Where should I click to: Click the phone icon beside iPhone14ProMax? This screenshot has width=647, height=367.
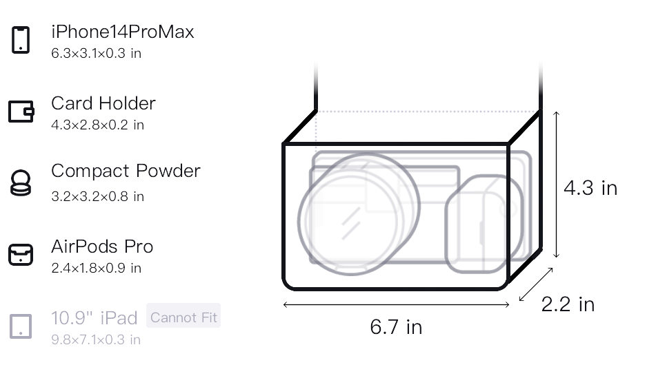(x=21, y=40)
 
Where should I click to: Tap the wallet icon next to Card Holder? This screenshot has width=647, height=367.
(x=21, y=112)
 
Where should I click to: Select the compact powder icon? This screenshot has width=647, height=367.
(x=21, y=182)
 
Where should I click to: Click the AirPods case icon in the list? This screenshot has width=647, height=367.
(x=21, y=255)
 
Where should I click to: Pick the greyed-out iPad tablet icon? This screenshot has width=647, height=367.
(x=21, y=326)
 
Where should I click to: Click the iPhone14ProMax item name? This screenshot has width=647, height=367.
(x=123, y=32)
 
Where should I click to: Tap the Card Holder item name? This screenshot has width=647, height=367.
(x=103, y=103)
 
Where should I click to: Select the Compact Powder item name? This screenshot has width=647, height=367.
(x=126, y=171)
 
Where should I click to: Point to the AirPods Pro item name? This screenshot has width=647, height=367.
(x=102, y=247)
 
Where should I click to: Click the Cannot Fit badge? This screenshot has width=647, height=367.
(x=183, y=317)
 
